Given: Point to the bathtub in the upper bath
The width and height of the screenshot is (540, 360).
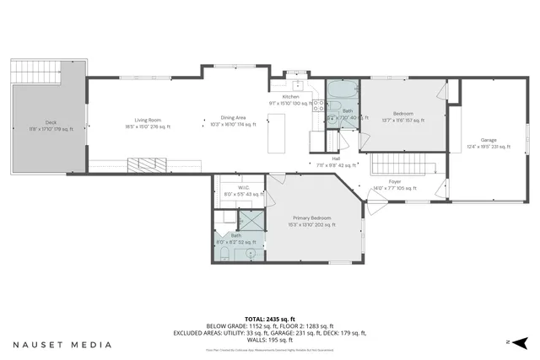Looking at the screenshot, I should [344, 89].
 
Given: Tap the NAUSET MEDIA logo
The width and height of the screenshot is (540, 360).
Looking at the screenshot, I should [62, 345].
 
